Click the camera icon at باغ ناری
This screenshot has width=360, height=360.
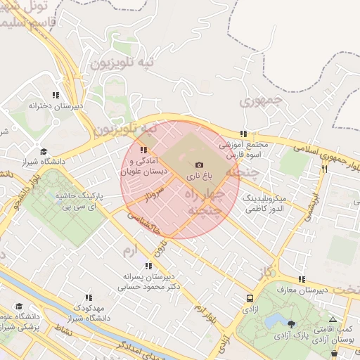click(x=199, y=164)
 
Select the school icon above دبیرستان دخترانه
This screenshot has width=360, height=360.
click(x=56, y=95)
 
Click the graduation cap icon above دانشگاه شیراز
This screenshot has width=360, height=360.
click(x=44, y=151)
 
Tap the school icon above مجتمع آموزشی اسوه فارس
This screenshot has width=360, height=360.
click(x=243, y=134)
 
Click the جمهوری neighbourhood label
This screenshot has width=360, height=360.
click(x=259, y=101)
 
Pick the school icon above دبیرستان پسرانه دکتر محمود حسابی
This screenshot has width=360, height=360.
click(x=148, y=266)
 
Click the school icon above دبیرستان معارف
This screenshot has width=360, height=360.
click(x=302, y=279)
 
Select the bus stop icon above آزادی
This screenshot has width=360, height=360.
click(x=250, y=298)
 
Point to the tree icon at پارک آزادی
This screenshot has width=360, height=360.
click(x=292, y=324)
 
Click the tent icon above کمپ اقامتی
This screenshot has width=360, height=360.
click(x=333, y=319)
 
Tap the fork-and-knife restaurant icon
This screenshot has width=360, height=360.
click(x=324, y=169)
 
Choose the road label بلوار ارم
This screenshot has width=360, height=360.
click(x=205, y=316)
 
